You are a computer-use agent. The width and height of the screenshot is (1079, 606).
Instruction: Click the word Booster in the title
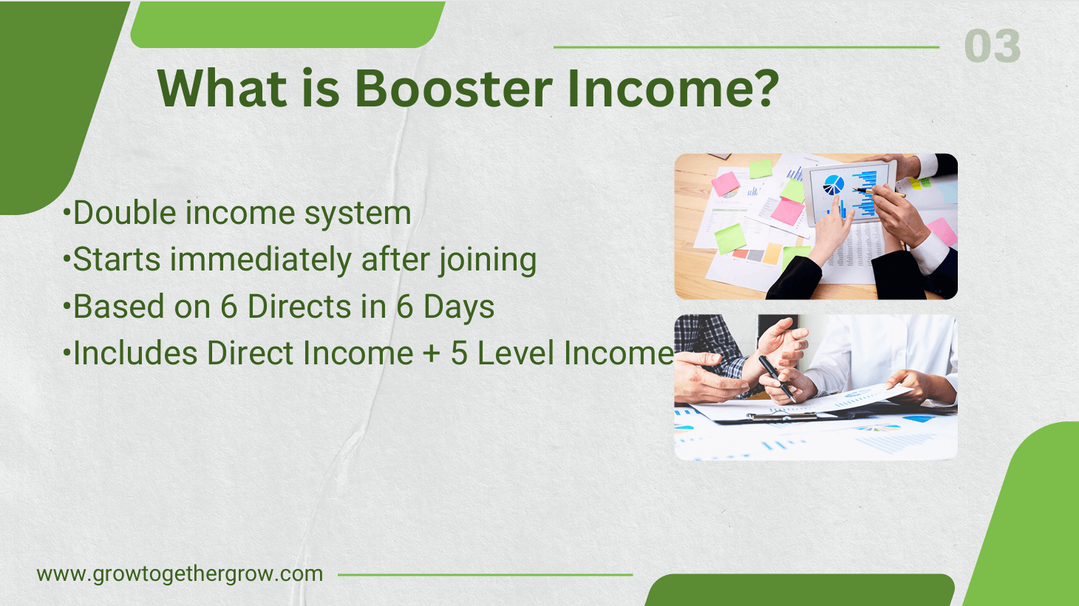[x=453, y=89]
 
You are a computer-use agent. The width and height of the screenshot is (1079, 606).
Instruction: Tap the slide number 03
[x=992, y=47]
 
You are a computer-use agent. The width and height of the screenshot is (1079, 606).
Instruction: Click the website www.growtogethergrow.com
[x=180, y=574]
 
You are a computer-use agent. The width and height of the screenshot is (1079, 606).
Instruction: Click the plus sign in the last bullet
[x=432, y=354]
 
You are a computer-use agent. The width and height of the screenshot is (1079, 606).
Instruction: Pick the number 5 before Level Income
[x=459, y=353]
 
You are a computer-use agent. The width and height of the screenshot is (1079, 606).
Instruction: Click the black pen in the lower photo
[x=776, y=378]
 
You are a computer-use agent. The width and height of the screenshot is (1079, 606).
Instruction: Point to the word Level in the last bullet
[x=516, y=353]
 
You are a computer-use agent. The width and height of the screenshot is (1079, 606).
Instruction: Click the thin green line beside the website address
[x=485, y=574]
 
